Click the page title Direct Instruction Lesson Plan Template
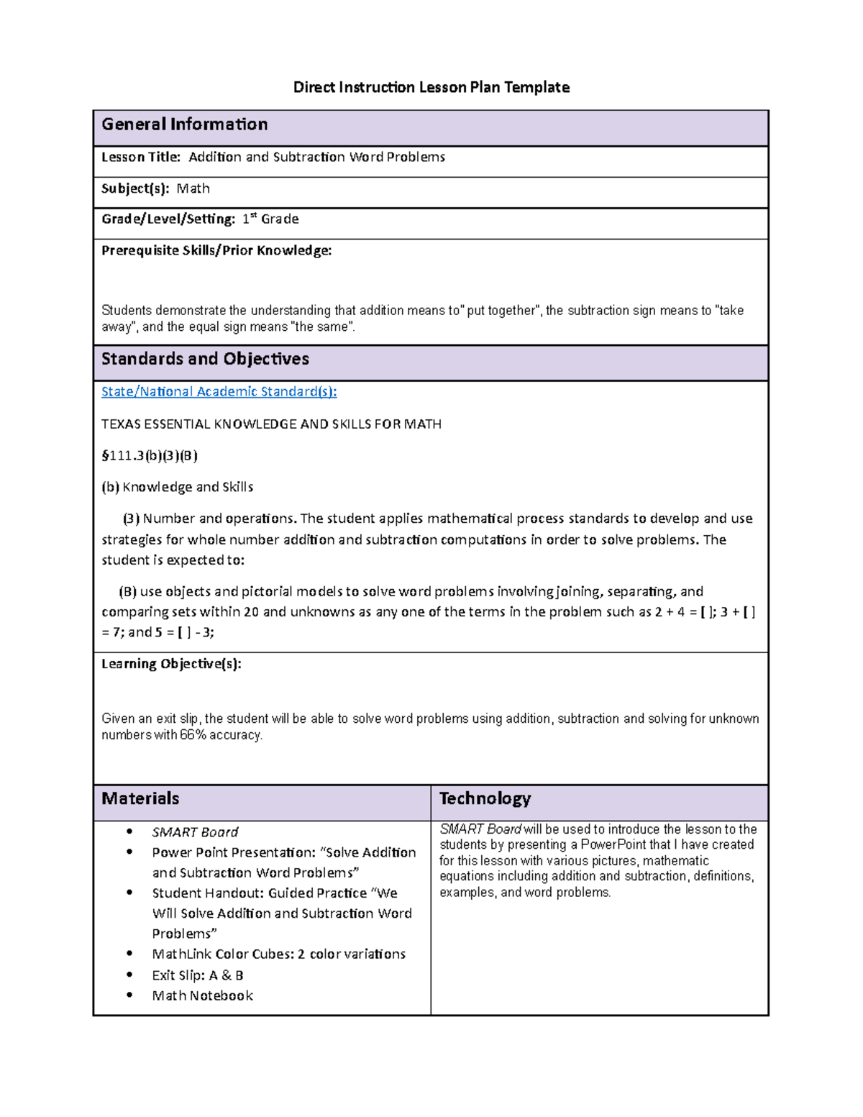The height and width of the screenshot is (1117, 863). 431,88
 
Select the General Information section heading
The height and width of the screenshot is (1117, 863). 184,124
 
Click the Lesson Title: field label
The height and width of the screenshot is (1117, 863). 141,157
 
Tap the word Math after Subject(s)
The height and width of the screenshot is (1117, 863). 193,188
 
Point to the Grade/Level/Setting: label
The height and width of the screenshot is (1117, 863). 168,219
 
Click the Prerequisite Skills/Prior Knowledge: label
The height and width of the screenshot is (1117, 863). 216,250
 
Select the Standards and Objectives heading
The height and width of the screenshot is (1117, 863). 205,359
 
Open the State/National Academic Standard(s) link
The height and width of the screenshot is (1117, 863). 219,392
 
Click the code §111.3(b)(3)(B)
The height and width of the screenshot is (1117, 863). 150,455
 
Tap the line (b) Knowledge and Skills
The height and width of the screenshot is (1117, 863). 177,487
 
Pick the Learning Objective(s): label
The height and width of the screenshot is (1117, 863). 171,664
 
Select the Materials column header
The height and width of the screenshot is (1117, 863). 140,798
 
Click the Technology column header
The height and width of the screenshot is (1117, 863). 485,798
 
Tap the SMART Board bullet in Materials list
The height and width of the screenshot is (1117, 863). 195,832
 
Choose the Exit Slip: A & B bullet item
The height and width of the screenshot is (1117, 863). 198,975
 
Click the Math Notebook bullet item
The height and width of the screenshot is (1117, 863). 202,995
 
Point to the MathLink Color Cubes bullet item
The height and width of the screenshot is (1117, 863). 278,954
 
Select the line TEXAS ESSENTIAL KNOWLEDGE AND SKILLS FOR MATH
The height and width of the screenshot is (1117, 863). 271,424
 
